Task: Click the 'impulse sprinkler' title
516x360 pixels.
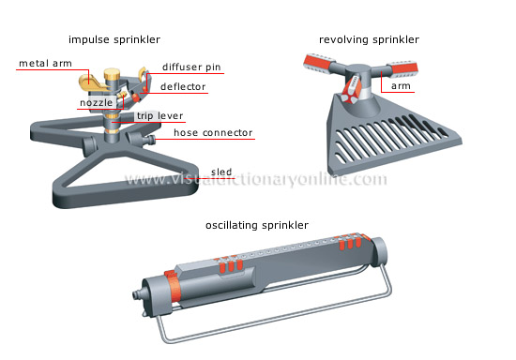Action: (x=114, y=39)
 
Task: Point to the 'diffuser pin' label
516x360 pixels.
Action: (x=192, y=67)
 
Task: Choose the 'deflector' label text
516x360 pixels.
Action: (x=183, y=87)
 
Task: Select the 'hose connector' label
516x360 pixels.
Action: (x=211, y=132)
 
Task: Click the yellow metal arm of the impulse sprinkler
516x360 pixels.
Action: (x=94, y=82)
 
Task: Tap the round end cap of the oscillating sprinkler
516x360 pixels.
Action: (x=381, y=253)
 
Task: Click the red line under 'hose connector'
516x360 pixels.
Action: (x=215, y=139)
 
